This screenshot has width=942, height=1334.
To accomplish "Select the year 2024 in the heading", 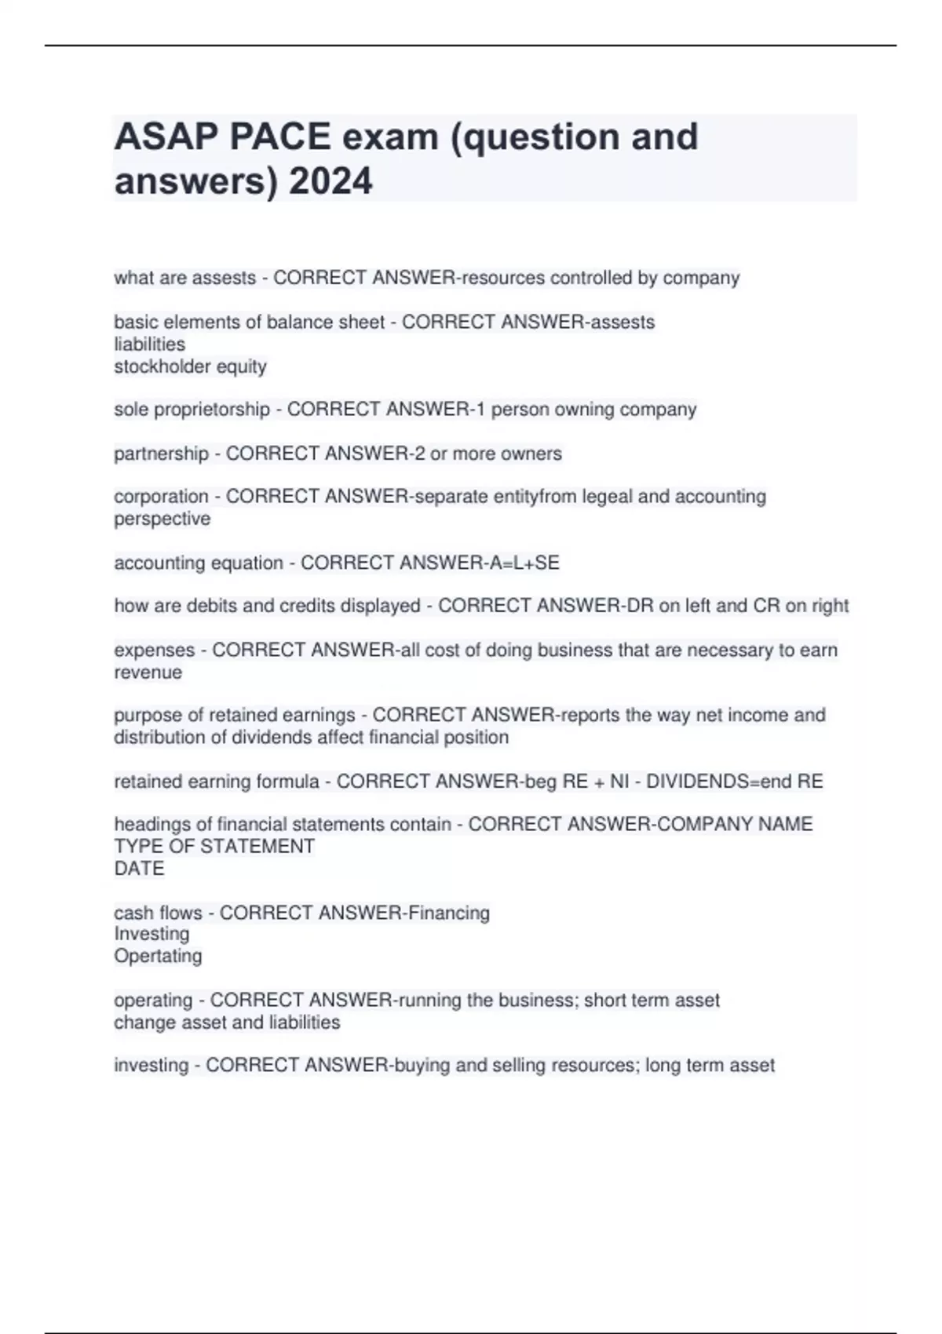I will (330, 182).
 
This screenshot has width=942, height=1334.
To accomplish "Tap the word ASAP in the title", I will (166, 137).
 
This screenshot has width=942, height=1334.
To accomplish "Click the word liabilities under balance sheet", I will (150, 344).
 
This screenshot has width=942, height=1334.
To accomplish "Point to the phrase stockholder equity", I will (191, 366).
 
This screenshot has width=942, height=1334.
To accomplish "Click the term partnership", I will (161, 454).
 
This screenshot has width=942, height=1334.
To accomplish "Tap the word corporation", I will (161, 497).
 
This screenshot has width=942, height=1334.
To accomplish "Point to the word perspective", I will (162, 519).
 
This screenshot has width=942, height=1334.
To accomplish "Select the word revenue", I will (148, 672).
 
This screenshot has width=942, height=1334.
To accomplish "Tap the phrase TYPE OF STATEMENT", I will (214, 847).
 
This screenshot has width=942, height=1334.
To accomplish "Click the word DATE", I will (139, 869).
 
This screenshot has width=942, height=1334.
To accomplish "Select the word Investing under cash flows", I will (152, 934).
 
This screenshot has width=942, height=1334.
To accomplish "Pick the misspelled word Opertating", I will (158, 956).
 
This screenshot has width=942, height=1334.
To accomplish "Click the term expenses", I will (154, 651).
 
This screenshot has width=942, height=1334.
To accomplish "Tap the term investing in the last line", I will (152, 1066).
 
